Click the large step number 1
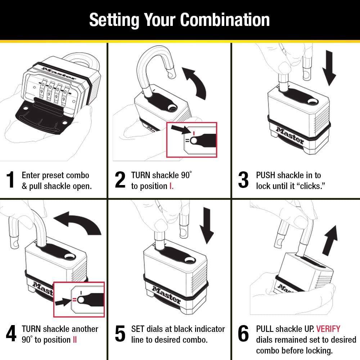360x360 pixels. [x=11, y=180]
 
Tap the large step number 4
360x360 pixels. [x=11, y=333]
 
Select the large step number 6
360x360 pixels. [x=243, y=333]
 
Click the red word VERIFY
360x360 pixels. [x=328, y=329]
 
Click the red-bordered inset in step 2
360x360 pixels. [x=192, y=140]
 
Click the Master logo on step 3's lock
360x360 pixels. [x=290, y=135]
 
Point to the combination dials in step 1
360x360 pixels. [x=53, y=93]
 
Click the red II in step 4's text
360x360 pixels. [x=75, y=340]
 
